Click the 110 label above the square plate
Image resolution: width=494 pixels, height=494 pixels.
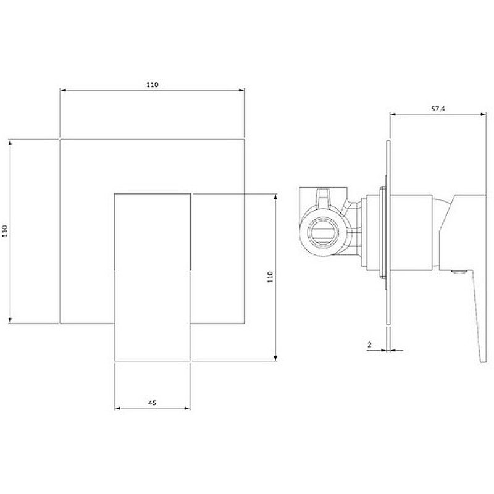pyautogui.click(x=152, y=85)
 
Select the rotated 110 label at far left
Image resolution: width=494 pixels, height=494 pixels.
pyautogui.click(x=5, y=231)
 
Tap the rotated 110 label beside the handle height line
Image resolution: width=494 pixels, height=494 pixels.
pyautogui.click(x=270, y=277)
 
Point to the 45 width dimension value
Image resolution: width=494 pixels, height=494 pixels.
pyautogui.click(x=152, y=403)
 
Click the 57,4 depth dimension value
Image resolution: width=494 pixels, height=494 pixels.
pyautogui.click(x=438, y=109)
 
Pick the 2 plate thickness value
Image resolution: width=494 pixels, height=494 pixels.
pyautogui.click(x=369, y=345)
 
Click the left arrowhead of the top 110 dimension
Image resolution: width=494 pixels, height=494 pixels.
pyautogui.click(x=63, y=90)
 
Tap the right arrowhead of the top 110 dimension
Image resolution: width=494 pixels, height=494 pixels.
pyautogui.click(x=241, y=90)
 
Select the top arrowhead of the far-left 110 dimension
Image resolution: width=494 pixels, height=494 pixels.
pyautogui.click(x=10, y=143)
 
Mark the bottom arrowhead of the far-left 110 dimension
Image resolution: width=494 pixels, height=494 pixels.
pyautogui.click(x=10, y=320)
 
